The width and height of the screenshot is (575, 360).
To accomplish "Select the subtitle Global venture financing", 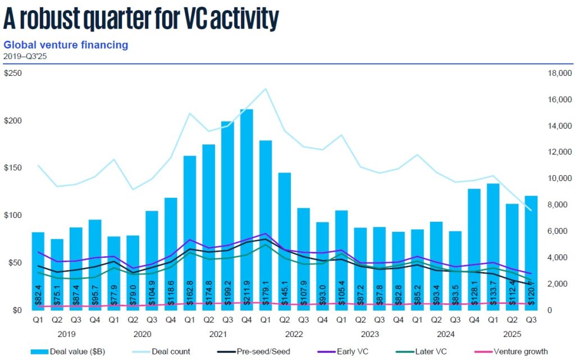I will pyautogui.click(x=66, y=44).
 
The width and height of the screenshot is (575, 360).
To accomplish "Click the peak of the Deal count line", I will pyautogui.click(x=266, y=89).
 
